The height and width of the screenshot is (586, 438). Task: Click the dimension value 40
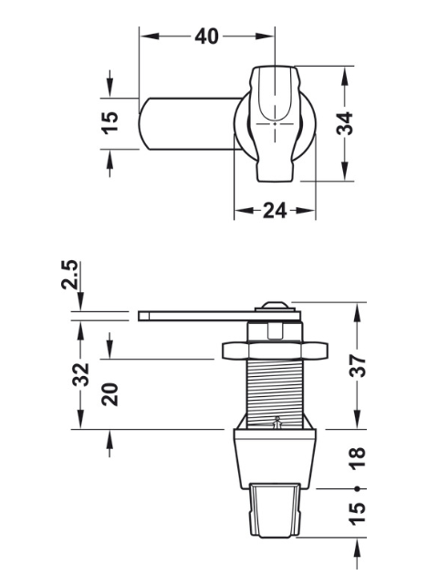click(206, 37)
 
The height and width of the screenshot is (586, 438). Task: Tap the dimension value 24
click(275, 211)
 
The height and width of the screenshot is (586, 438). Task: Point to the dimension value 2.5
click(70, 275)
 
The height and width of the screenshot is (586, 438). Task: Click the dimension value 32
click(80, 374)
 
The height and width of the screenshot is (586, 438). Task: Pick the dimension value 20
click(109, 394)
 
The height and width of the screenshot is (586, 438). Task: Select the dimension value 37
click(358, 366)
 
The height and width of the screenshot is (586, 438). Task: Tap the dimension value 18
click(358, 458)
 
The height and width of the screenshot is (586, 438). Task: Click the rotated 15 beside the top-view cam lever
click(109, 123)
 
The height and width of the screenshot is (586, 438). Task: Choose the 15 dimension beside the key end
click(358, 514)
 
